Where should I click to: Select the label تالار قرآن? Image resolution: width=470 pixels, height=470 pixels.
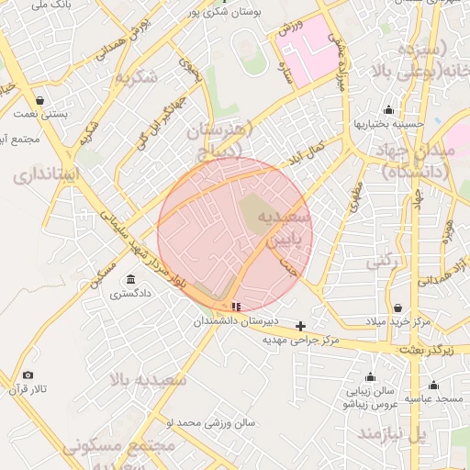pos(28,390)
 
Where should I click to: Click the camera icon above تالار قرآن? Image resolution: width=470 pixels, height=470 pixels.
pos(28,375)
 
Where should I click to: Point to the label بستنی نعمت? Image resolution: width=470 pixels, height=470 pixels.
pos(39,115)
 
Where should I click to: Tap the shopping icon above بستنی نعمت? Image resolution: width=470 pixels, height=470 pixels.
pos(39,100)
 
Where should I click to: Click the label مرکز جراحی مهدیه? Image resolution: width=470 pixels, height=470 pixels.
pos(301,341)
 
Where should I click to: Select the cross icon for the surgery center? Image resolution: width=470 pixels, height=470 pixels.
pos(300,326)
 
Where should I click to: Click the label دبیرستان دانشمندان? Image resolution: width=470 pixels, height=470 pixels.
pos(229,322)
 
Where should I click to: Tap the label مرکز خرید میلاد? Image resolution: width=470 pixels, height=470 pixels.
pos(397,322)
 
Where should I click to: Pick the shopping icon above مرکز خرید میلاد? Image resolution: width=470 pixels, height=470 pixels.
pos(397,308)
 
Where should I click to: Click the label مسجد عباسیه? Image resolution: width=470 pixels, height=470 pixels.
pos(437,399)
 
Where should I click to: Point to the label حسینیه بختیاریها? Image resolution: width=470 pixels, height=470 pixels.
pos(388,124)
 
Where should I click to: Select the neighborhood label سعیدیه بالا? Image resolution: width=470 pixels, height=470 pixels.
pos(148,378)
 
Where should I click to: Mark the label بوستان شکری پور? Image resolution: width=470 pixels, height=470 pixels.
pos(226,13)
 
